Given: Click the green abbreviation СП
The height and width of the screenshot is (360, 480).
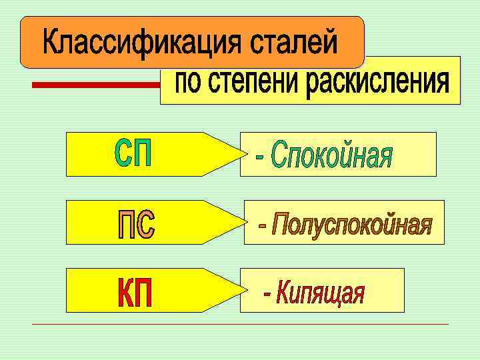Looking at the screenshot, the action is click(134, 154).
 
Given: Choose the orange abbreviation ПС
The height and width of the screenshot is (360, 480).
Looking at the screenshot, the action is click(137, 225).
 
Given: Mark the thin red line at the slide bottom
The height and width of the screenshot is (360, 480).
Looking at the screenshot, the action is click(240, 325).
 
